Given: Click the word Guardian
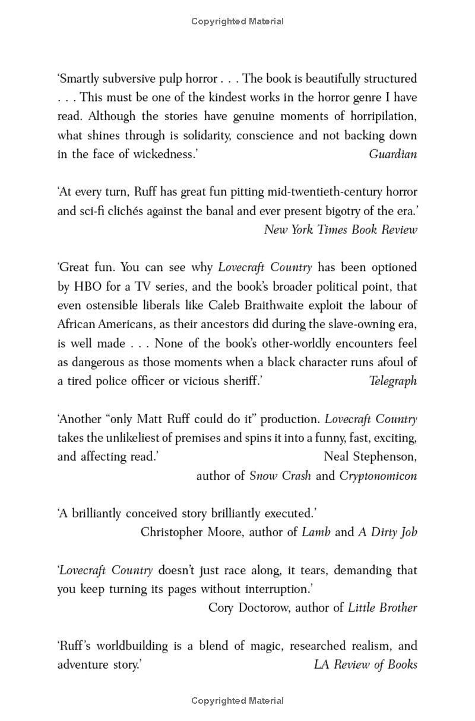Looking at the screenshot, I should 392,154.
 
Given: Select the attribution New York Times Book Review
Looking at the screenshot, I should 340,229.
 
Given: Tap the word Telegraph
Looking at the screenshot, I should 393,381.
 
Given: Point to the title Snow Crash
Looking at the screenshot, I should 280,476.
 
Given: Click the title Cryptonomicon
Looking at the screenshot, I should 378,476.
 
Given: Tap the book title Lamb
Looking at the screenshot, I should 316,532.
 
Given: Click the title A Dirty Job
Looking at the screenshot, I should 387,532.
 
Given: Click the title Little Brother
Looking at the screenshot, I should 382,607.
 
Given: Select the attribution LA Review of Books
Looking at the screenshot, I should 365,664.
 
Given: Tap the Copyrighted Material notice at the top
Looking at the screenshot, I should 237,21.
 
